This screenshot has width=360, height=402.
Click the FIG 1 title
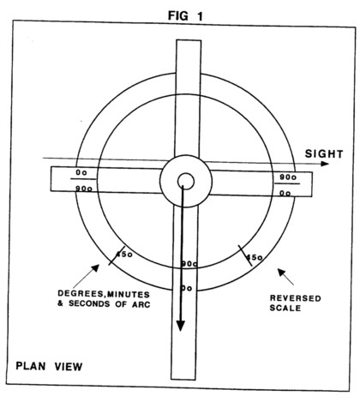(185, 15)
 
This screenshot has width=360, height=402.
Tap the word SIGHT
(324, 154)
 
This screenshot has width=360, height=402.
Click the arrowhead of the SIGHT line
(325, 164)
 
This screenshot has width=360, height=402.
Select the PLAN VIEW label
(49, 366)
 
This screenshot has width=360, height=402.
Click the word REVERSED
(296, 298)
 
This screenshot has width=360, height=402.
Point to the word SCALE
(285, 308)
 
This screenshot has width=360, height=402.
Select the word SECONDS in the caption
(89, 303)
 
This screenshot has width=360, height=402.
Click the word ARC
(141, 304)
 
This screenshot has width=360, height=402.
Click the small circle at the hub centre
(186, 181)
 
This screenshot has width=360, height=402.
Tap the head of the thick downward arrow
(180, 325)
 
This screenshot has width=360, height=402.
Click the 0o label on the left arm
(81, 172)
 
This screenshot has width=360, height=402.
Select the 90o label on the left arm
(84, 189)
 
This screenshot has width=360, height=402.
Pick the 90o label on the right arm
(288, 177)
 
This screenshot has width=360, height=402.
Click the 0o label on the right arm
(285, 194)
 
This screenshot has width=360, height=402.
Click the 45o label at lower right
(255, 257)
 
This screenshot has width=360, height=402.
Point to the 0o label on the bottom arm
(187, 289)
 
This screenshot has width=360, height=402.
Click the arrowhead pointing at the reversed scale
(281, 273)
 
